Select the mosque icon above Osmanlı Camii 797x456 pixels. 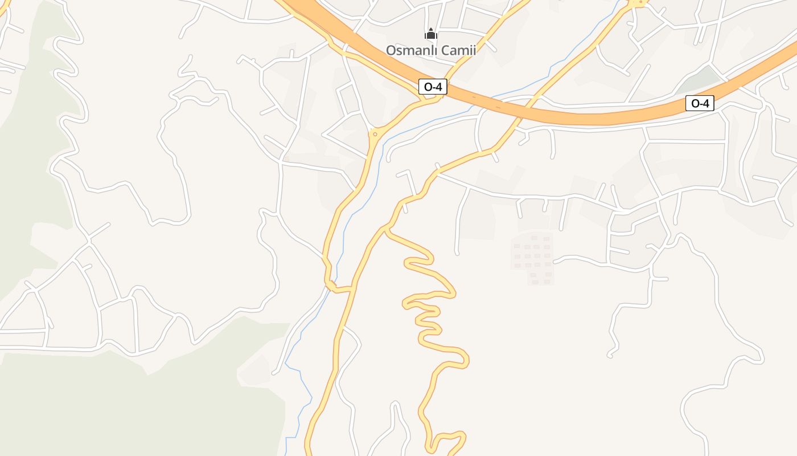431,34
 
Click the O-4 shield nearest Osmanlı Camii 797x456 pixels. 433,87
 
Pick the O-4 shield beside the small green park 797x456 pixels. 699,103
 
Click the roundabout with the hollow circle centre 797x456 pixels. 375,135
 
